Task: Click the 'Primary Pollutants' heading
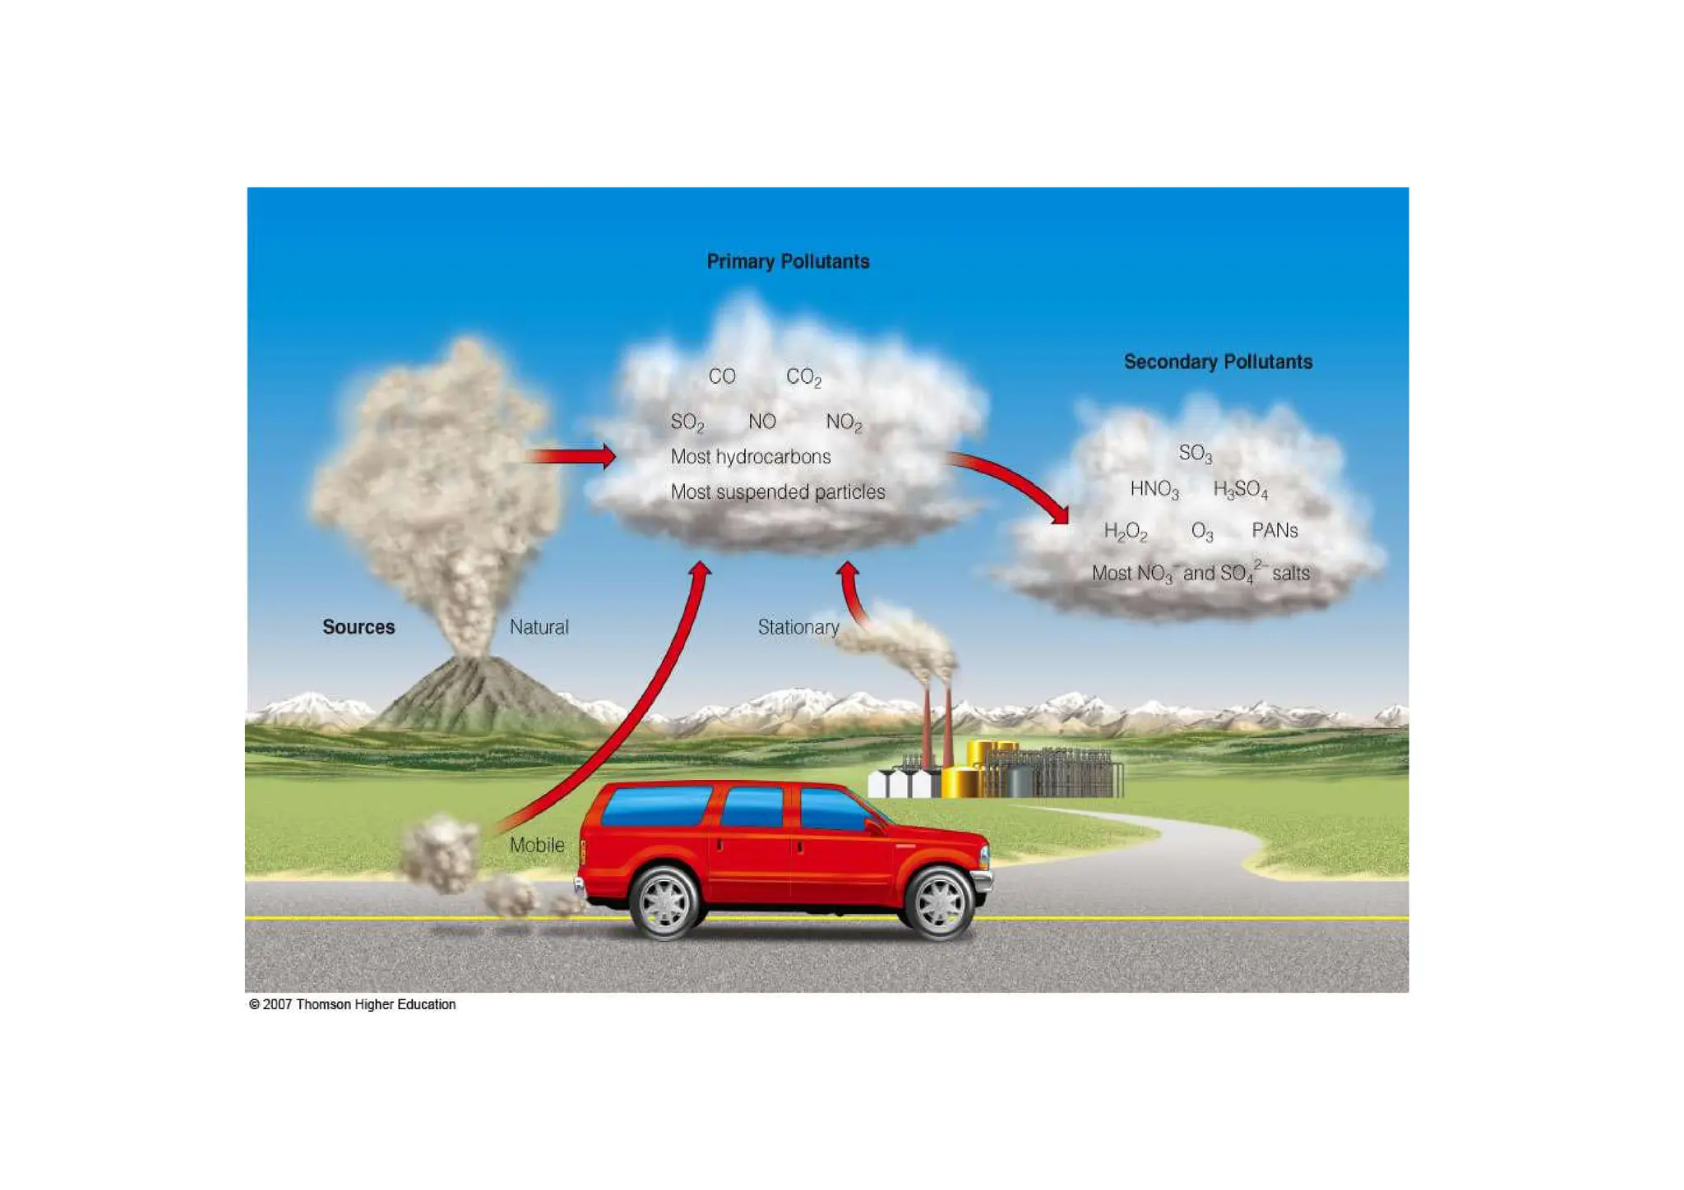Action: click(x=788, y=261)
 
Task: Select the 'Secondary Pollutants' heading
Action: click(x=1218, y=362)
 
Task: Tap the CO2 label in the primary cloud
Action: click(x=803, y=377)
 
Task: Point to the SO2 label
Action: click(x=687, y=422)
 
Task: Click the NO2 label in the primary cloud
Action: click(x=844, y=422)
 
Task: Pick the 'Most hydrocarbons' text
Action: click(x=750, y=457)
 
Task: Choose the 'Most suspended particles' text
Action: click(x=777, y=492)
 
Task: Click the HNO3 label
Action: click(x=1154, y=490)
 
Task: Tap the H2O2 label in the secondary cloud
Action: click(x=1125, y=532)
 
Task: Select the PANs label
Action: click(x=1274, y=531)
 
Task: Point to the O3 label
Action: click(x=1201, y=532)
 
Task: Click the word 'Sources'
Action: click(x=359, y=627)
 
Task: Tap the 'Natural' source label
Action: click(x=539, y=627)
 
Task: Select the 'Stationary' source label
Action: click(x=798, y=627)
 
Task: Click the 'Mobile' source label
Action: click(x=537, y=845)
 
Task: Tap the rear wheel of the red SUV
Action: click(x=664, y=902)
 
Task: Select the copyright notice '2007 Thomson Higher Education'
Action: click(x=352, y=1004)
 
